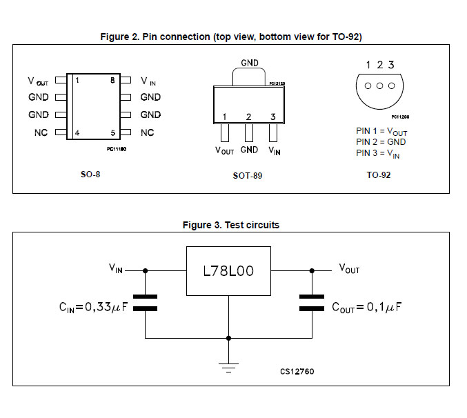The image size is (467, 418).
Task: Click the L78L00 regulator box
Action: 228,271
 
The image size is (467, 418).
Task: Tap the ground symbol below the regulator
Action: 228,366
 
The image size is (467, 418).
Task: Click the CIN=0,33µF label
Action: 95,305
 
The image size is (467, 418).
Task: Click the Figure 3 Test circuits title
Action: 231,225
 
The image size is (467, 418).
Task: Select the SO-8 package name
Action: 90,175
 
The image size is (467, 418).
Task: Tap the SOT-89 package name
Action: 247,176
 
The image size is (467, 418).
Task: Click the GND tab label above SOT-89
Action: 250,63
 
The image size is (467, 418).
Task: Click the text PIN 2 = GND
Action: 380,141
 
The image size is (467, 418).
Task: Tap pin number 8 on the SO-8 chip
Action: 112,81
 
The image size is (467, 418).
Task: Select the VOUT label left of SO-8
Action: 38,81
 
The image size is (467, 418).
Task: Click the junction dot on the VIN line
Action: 146,270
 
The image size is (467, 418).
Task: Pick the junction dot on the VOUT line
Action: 312,270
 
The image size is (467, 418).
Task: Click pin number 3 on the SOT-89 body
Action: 273,117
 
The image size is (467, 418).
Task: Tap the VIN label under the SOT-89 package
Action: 274,150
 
